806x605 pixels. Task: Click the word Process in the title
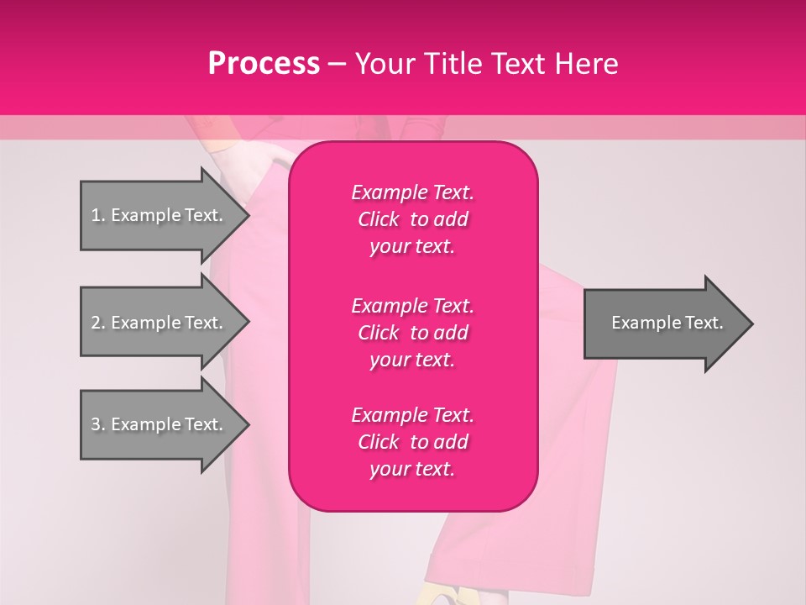pyautogui.click(x=264, y=64)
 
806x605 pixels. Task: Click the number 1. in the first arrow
pyautogui.click(x=98, y=215)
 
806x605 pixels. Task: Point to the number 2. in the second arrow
pyautogui.click(x=98, y=323)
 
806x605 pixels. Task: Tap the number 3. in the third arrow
pyautogui.click(x=98, y=424)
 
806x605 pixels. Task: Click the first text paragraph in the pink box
pyautogui.click(x=412, y=219)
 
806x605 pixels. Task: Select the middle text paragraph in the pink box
pyautogui.click(x=412, y=332)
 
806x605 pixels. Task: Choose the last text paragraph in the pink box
pyautogui.click(x=412, y=442)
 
